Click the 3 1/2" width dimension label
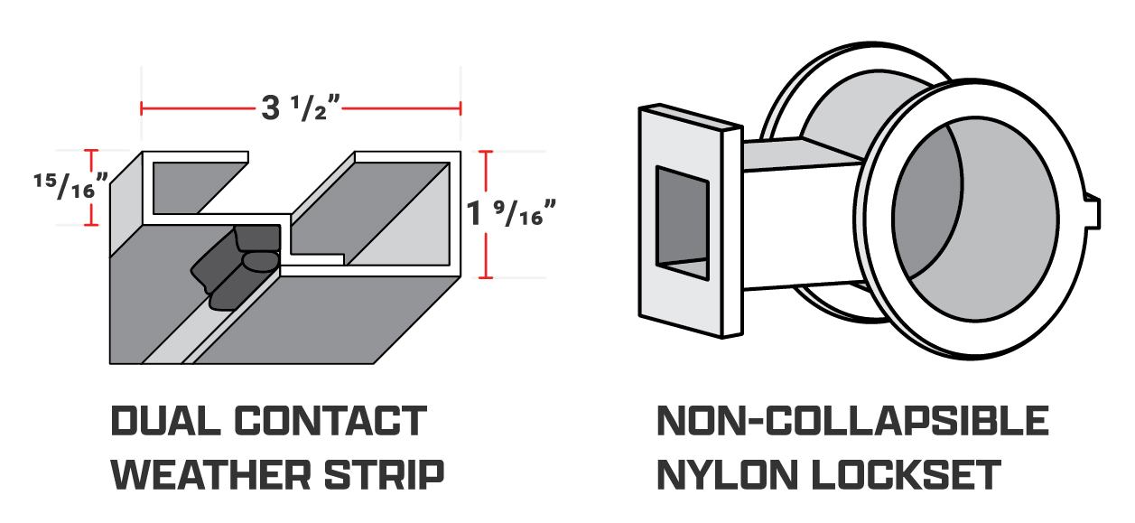pyautogui.click(x=300, y=108)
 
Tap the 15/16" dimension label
pyautogui.click(x=69, y=188)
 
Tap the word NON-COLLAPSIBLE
pyautogui.click(x=851, y=422)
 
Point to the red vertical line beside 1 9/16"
pyautogui.click(x=488, y=214)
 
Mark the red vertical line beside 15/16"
pyautogui.click(x=90, y=188)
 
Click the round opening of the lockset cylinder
pyautogui.click(x=975, y=217)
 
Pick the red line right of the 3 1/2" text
pyautogui.click(x=402, y=108)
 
